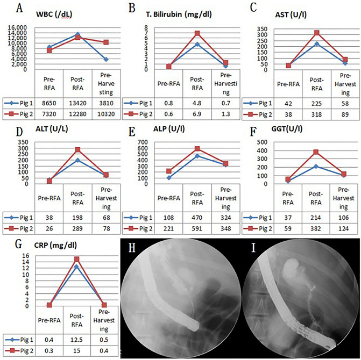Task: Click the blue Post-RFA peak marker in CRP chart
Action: pyautogui.click(x=77, y=267)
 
